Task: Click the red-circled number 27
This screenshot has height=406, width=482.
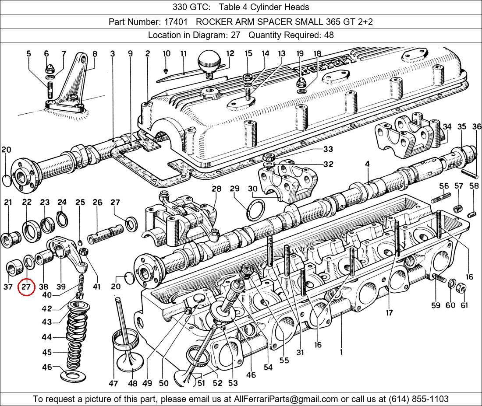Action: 27,287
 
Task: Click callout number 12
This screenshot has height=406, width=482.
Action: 230,54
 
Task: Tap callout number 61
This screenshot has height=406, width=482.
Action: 464,305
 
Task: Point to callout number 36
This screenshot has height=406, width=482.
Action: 476,127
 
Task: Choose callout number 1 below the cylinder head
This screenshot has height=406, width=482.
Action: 341,351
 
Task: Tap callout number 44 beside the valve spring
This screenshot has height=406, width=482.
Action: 46,337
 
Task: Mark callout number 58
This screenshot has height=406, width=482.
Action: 473,186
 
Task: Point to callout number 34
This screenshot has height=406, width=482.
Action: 447,127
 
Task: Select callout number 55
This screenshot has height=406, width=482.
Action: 284,360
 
